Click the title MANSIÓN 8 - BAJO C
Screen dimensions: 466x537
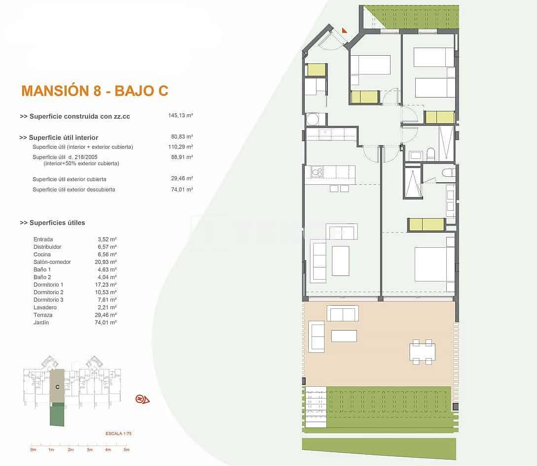95,91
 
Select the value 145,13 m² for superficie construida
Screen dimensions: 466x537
180,116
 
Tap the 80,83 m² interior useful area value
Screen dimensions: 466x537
181,137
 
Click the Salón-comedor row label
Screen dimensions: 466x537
52,262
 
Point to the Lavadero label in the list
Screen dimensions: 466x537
44,307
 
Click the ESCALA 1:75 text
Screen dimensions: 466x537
118,433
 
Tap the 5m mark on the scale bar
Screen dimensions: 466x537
126,450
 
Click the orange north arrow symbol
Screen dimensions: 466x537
142,399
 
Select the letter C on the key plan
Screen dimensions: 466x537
57,387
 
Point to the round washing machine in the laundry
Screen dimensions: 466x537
312,119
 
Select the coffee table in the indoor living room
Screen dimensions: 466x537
340,261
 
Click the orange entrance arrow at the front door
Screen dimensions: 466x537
344,30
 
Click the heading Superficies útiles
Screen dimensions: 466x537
52,223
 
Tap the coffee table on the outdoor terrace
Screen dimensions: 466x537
344,335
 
